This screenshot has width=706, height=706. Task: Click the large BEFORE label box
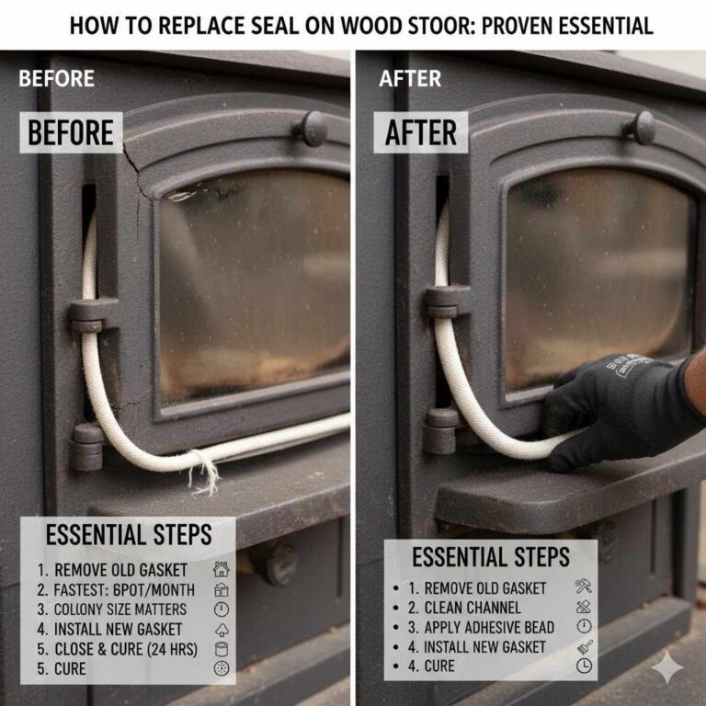(x=71, y=132)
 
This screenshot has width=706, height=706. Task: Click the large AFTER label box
(x=420, y=132)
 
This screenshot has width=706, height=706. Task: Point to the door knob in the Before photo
(x=312, y=129)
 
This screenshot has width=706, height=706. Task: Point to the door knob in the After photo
(x=642, y=127)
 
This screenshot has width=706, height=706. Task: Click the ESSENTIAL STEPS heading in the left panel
(x=129, y=535)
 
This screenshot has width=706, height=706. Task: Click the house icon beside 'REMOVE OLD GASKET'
(x=221, y=569)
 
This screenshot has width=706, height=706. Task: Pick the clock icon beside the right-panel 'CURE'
(x=584, y=666)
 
